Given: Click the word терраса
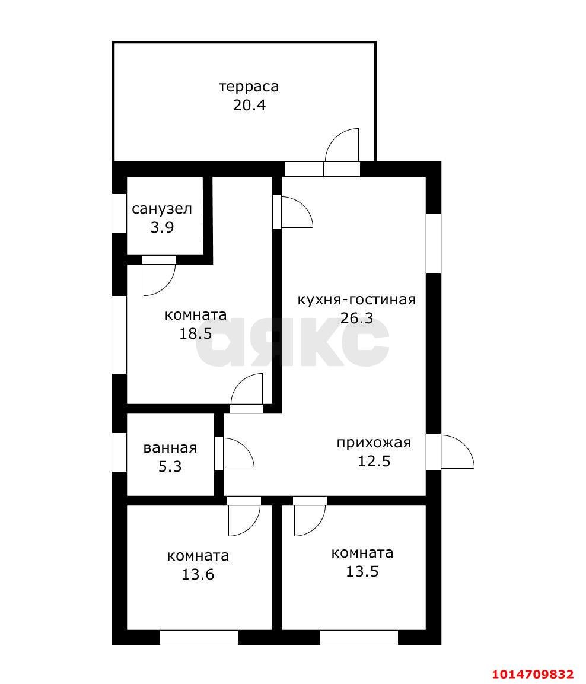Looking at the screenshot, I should (x=249, y=87).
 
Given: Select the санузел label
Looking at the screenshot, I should (x=162, y=209).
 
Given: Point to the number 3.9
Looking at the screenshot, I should (x=162, y=227).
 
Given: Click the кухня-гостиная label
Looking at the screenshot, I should (x=356, y=299).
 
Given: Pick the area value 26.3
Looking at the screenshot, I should (x=356, y=318).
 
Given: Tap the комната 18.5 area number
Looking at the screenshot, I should (x=196, y=333).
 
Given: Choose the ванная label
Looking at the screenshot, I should (x=170, y=448).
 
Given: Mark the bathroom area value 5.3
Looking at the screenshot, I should (x=170, y=467).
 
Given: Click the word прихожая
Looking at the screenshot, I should (x=374, y=443).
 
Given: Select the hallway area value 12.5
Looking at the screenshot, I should (x=374, y=461).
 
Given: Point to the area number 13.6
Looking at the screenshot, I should (x=198, y=574).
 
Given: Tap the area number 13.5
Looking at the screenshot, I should (x=362, y=571).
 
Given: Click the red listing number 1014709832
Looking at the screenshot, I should (x=533, y=674).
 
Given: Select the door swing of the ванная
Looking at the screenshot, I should (x=237, y=454).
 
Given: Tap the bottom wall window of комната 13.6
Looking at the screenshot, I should (x=199, y=638).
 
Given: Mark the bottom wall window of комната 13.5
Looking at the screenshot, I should (x=359, y=638).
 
